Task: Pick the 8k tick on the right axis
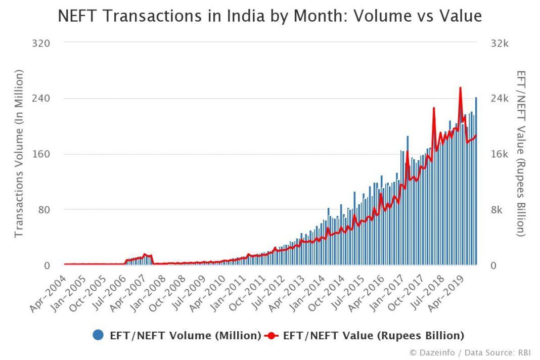pos(497,210)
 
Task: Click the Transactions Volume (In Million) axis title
pos(19,154)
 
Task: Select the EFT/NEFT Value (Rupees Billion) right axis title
pos(521,154)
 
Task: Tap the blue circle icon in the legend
pos(99,335)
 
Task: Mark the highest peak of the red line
pos(460,88)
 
